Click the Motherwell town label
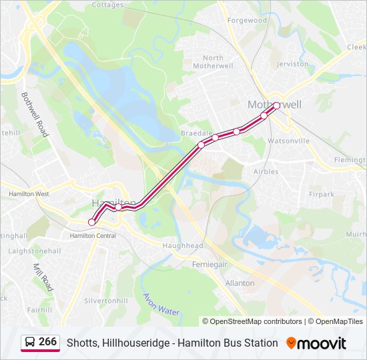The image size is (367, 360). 274,105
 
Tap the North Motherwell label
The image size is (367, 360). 213,62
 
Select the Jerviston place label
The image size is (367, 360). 292,64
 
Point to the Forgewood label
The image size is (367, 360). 247,20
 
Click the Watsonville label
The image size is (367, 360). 288,141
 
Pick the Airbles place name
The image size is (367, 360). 266,171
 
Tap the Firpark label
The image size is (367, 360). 321,194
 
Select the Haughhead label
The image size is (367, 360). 183,245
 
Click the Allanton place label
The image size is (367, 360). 240,283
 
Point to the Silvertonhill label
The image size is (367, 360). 106,301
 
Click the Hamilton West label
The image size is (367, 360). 29,194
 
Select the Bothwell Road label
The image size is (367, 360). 35,115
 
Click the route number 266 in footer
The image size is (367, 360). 47,342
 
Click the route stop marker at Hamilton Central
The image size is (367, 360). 92,222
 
